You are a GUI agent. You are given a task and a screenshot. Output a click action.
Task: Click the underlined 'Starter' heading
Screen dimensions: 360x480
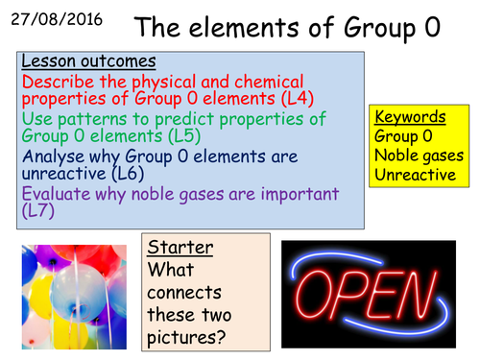[x=176, y=249]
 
